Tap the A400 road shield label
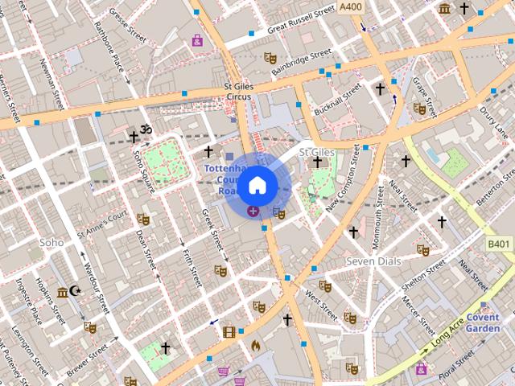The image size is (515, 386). point(351,7)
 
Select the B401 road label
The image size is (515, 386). point(499,243)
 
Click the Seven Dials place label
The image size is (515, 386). point(373,261)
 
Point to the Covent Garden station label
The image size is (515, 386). point(483,322)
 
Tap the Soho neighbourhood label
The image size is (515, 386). point(51,241)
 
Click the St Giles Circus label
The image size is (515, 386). point(238,91)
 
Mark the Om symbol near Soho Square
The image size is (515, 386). point(146,130)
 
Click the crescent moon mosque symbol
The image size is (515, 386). point(76,291)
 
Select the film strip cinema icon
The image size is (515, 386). point(229,331)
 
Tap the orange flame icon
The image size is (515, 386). point(256,345)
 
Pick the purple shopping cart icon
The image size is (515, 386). point(223,372)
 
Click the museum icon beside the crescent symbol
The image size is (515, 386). point(62,292)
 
